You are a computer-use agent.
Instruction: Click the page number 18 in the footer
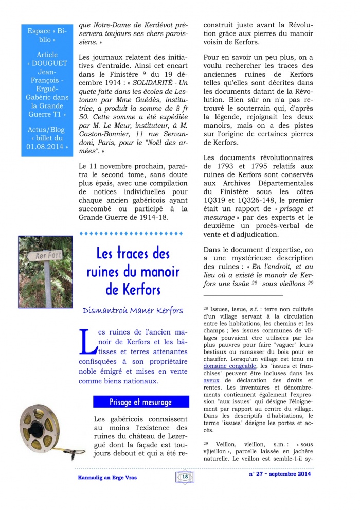(185, 477)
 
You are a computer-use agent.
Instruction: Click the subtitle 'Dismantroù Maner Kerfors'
(133, 311)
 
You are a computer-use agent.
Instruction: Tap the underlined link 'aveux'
(211, 380)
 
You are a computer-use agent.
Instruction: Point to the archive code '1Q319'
(215, 200)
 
